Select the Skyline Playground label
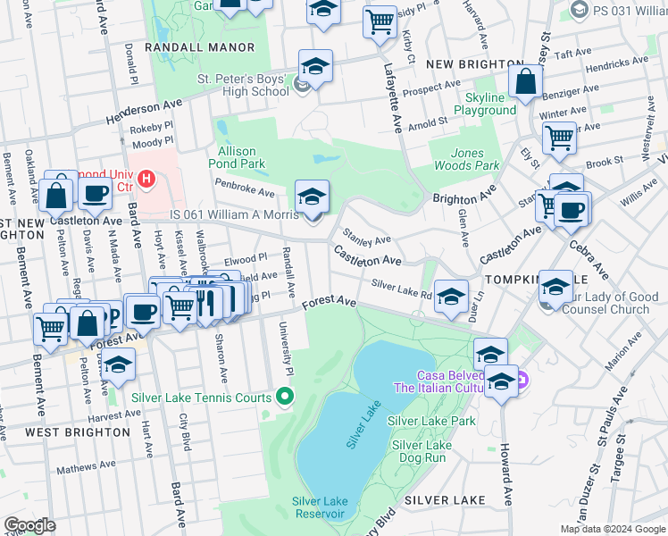click(485, 103)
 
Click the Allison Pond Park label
click(237, 158)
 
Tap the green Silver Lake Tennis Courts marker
click(284, 395)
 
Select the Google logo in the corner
click(29, 525)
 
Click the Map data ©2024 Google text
click(612, 529)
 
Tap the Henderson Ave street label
click(144, 112)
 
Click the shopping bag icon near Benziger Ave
click(526, 82)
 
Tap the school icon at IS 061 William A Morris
click(312, 197)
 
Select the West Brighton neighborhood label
click(78, 431)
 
